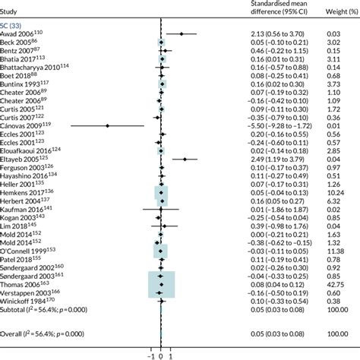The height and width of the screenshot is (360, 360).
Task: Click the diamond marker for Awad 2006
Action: coord(182,34)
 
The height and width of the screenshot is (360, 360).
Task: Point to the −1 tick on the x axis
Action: coord(151,355)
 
